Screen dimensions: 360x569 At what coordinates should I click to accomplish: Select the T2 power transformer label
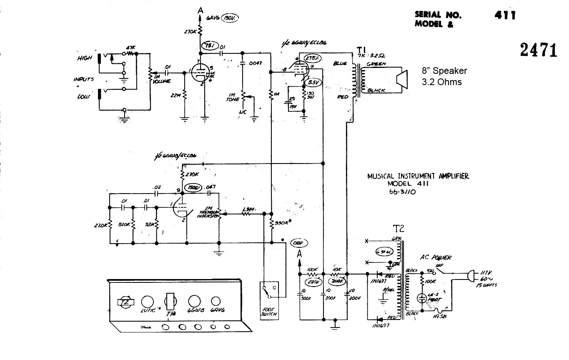tap(399, 229)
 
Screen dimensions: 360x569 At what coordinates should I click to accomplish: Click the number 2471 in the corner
tap(538, 50)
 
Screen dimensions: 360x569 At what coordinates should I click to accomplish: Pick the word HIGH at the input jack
tap(85, 58)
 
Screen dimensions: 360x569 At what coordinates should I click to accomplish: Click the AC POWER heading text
tap(437, 258)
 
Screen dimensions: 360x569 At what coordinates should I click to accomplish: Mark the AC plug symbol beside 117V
tap(472, 276)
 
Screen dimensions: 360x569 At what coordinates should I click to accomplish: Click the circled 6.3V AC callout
tap(384, 252)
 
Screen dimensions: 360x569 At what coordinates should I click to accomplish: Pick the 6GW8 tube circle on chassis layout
tap(194, 302)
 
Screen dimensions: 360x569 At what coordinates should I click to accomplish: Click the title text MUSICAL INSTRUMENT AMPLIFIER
tap(418, 176)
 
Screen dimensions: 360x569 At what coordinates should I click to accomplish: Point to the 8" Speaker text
tap(444, 71)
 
